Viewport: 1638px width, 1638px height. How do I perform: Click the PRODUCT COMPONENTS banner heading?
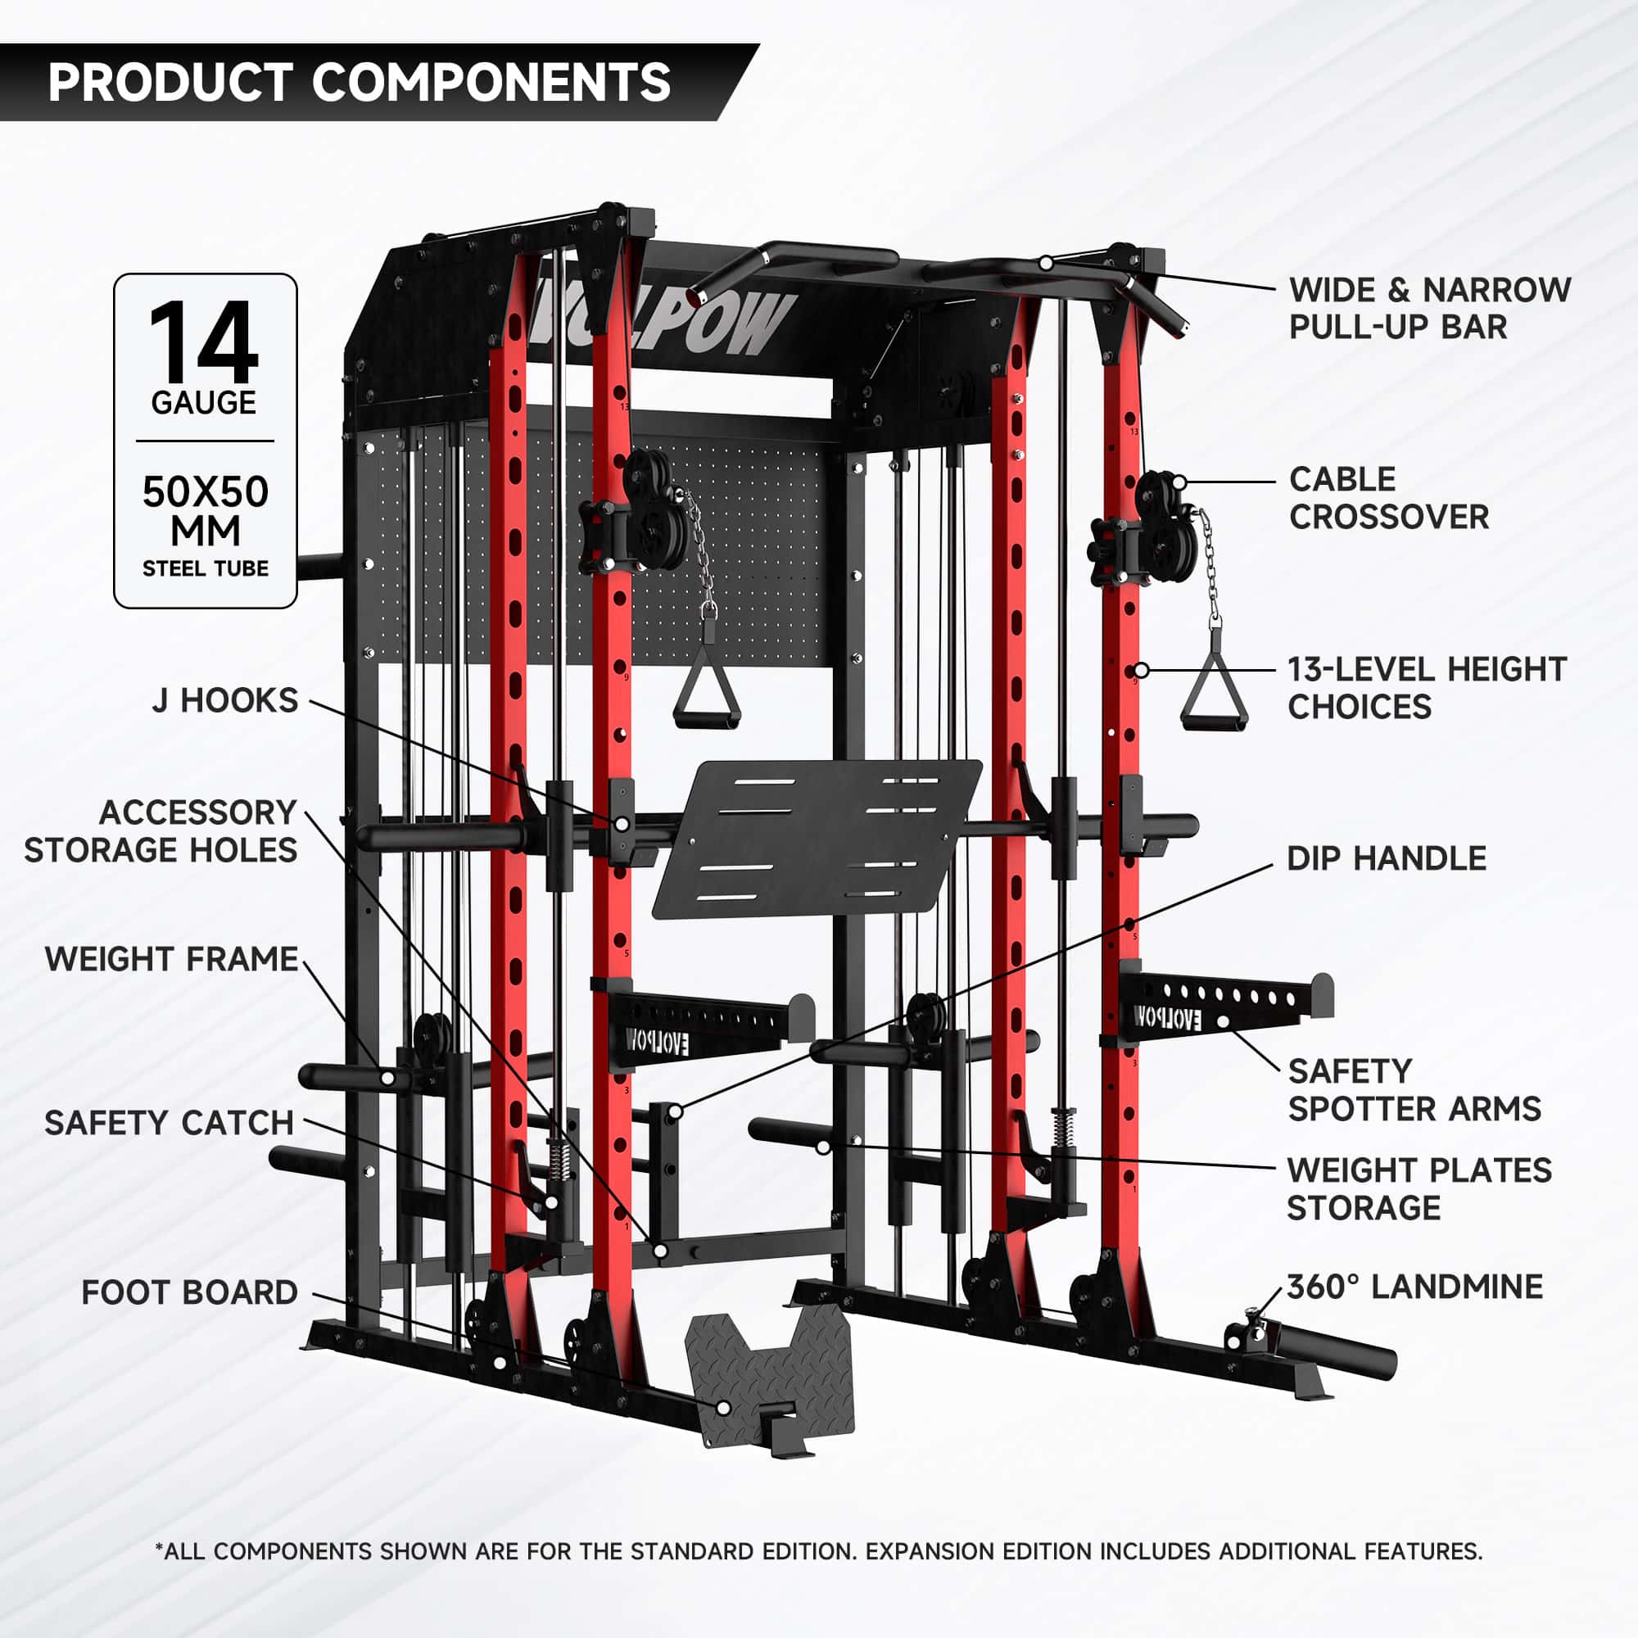click(359, 82)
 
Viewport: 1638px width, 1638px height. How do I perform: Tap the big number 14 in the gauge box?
click(203, 342)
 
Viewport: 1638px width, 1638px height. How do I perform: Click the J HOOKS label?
click(224, 700)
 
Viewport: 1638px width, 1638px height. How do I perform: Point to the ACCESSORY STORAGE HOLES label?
click(161, 830)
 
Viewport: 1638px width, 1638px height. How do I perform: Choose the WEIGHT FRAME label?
click(171, 959)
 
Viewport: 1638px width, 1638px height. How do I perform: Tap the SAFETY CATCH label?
click(169, 1123)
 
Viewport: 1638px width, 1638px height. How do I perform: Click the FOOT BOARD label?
click(189, 1292)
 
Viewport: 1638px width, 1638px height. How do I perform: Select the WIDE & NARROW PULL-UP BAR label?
click(1429, 308)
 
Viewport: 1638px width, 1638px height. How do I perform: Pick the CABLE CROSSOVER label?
click(1388, 498)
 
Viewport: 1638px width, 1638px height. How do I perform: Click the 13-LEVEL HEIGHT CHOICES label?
click(1426, 688)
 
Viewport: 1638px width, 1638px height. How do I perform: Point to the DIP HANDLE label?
click(1387, 858)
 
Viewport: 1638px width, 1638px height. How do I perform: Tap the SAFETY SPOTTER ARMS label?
click(1414, 1089)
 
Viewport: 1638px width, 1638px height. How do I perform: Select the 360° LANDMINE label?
click(1414, 1286)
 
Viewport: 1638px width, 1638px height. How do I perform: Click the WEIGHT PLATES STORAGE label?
click(1419, 1188)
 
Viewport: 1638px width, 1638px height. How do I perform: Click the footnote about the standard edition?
click(818, 1550)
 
